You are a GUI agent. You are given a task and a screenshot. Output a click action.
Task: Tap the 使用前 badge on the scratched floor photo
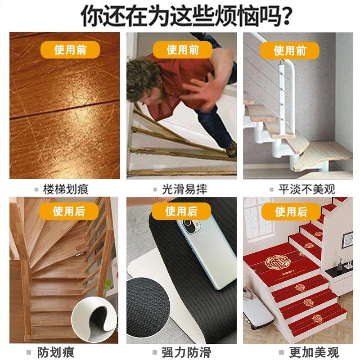point(70,49)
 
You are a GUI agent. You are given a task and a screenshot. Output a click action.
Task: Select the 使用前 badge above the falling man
point(183,49)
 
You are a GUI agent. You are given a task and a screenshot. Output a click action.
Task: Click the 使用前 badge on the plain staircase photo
point(290,50)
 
